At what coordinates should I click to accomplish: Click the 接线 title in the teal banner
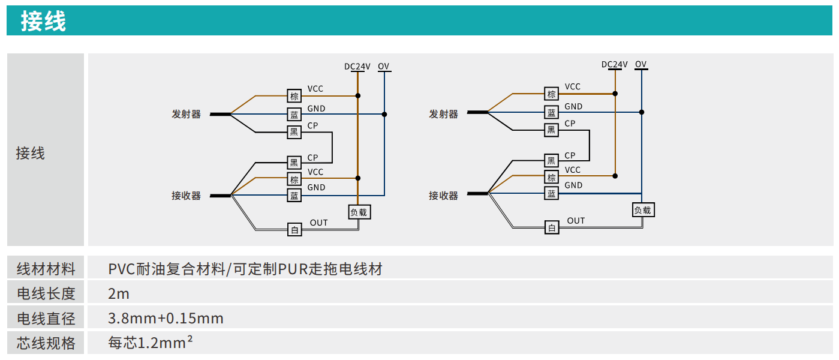(x=43, y=22)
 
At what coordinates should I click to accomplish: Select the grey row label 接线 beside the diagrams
(x=31, y=154)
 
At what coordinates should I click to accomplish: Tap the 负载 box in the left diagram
(x=359, y=212)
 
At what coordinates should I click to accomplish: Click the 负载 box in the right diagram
(x=642, y=210)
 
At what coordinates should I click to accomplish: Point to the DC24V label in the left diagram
(x=357, y=67)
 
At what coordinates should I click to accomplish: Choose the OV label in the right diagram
(x=641, y=64)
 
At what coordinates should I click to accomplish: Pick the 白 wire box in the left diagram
(x=294, y=229)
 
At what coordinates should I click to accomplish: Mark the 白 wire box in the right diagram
(x=552, y=227)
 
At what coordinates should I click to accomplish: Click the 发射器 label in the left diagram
(x=187, y=114)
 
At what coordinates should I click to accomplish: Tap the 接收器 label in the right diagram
(x=443, y=196)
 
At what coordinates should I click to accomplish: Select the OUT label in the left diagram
(x=319, y=223)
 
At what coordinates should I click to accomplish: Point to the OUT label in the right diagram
(x=576, y=221)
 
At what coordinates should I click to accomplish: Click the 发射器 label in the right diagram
(x=443, y=114)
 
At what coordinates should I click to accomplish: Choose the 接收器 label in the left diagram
(x=187, y=196)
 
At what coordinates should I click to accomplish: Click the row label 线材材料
(x=46, y=269)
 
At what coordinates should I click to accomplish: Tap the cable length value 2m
(x=119, y=294)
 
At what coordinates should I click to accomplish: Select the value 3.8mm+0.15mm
(x=166, y=319)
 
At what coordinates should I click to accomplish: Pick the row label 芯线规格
(x=46, y=343)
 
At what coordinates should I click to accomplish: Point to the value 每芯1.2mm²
(x=151, y=343)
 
